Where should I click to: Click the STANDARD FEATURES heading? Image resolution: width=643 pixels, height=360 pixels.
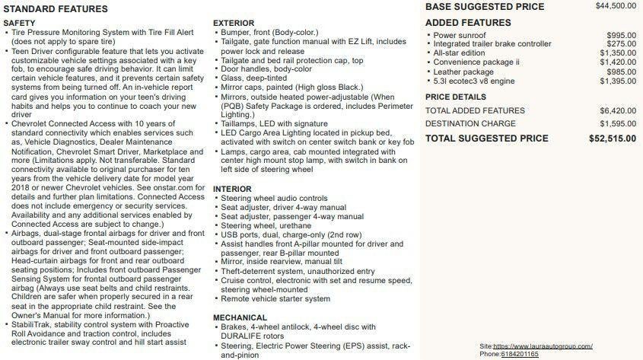pyautogui.click(x=56, y=9)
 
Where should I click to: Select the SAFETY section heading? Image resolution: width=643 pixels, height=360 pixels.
pyautogui.click(x=20, y=24)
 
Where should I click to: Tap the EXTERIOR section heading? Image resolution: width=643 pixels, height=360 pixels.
pyautogui.click(x=234, y=24)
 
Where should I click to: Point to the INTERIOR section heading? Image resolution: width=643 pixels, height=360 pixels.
pyautogui.click(x=232, y=189)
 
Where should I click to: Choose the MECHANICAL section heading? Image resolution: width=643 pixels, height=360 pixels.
pyautogui.click(x=240, y=317)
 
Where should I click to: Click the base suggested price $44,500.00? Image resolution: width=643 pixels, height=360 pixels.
pyautogui.click(x=616, y=6)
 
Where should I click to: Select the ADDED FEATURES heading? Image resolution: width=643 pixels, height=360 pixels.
pyautogui.click(x=468, y=23)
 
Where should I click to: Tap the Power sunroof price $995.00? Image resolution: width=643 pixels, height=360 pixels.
pyautogui.click(x=621, y=35)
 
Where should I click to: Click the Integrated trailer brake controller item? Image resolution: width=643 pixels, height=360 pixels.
pyautogui.click(x=492, y=44)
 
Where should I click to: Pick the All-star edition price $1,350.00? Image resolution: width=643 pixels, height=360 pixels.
pyautogui.click(x=618, y=53)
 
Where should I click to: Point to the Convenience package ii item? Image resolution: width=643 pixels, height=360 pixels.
pyautogui.click(x=476, y=62)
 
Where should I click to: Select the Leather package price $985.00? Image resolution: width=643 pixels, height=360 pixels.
pyautogui.click(x=621, y=72)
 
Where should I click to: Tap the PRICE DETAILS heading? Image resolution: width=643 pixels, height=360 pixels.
pyautogui.click(x=455, y=97)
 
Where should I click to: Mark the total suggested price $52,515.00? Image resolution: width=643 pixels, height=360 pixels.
pyautogui.click(x=613, y=139)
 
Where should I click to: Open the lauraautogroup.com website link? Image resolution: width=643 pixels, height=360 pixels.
pyautogui.click(x=543, y=346)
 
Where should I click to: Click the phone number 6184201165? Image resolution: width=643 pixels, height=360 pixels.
pyautogui.click(x=520, y=354)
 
